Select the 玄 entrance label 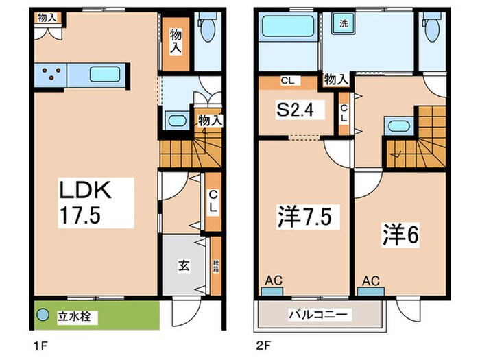[186, 265]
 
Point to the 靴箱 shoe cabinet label [216, 265]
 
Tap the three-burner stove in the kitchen [49, 73]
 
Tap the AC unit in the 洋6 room [371, 285]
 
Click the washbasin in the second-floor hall [397, 126]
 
